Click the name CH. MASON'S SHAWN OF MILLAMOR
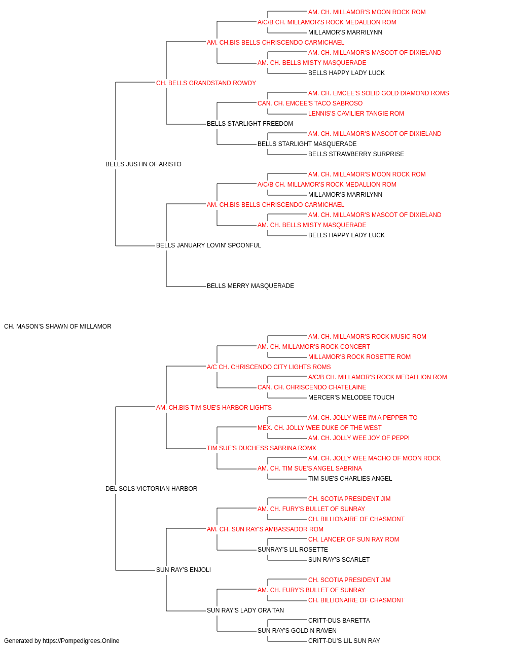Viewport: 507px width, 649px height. (x=58, y=327)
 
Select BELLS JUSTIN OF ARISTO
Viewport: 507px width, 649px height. (x=143, y=164)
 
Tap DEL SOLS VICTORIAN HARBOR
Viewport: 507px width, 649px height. (x=152, y=489)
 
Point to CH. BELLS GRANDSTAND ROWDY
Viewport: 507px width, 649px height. (x=206, y=83)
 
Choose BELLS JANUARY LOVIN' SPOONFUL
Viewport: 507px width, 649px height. (x=208, y=245)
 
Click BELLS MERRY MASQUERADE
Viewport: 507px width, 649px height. (x=250, y=286)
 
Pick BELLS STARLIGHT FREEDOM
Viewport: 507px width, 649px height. (x=250, y=124)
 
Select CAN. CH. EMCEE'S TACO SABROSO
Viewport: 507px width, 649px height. (x=310, y=103)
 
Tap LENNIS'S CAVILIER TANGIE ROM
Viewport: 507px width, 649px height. (x=356, y=114)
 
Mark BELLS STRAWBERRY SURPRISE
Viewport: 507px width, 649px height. (x=356, y=154)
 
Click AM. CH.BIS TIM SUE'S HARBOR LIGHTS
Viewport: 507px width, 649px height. (x=214, y=408)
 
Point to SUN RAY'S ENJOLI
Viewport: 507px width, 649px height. (x=184, y=570)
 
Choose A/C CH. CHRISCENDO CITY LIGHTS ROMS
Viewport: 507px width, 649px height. (x=269, y=367)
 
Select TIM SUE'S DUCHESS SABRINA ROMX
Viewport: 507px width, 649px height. (x=261, y=448)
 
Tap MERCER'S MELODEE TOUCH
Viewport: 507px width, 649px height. (x=351, y=398)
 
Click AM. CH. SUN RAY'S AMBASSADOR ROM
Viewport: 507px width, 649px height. (x=265, y=529)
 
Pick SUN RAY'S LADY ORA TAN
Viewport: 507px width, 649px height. (x=245, y=610)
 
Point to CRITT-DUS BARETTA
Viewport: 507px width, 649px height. (x=339, y=621)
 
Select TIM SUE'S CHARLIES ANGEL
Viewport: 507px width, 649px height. (x=350, y=479)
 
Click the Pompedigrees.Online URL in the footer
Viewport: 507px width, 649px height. (x=81, y=641)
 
